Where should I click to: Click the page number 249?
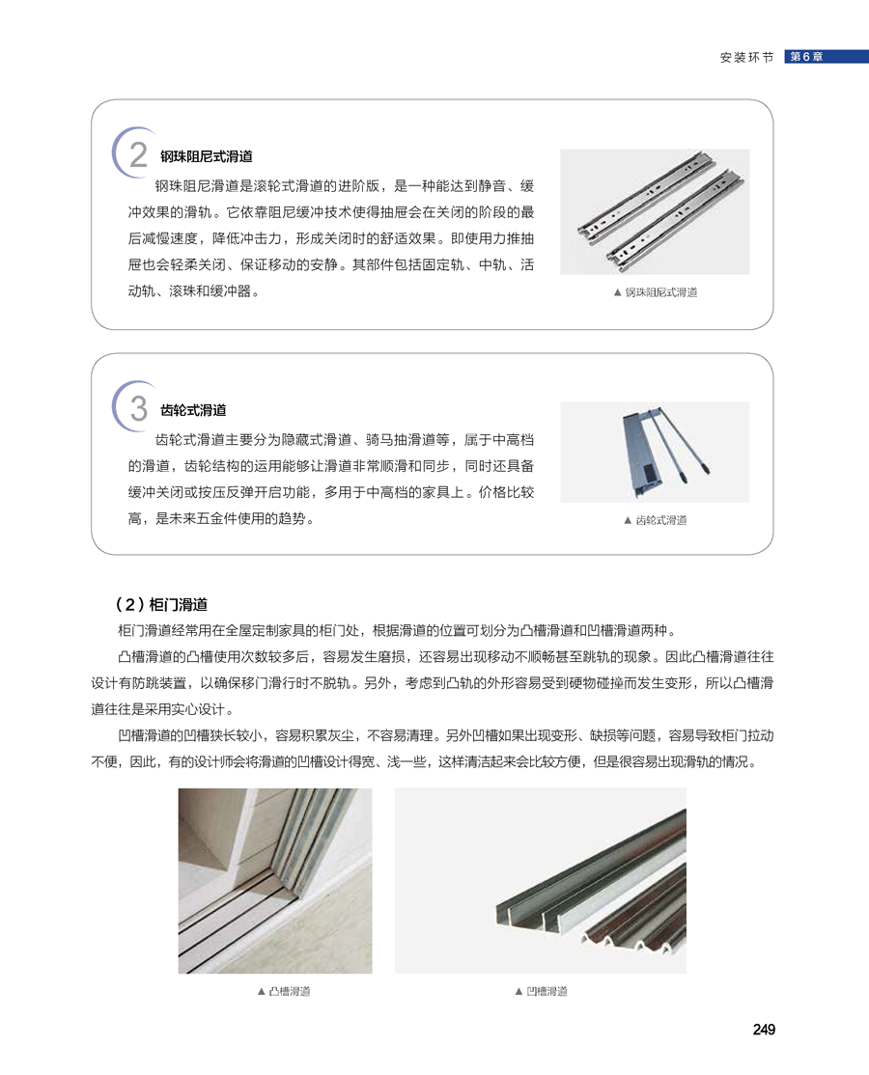coord(764,1029)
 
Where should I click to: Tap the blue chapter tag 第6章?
coord(826,57)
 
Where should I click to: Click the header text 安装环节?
coord(747,58)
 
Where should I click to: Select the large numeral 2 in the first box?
coord(138,155)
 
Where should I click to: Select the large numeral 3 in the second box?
coord(138,408)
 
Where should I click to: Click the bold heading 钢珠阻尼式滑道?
coord(207,156)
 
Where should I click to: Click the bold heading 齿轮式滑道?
coord(193,410)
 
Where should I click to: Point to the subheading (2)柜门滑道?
coord(161,604)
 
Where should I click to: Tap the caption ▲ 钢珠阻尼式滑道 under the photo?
coord(655,292)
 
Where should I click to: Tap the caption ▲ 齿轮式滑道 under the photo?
coord(655,520)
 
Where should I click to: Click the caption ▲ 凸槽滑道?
coord(283,991)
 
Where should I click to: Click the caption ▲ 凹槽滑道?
coord(541,991)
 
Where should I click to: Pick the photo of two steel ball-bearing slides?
coord(655,212)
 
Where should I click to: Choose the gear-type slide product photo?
coord(655,453)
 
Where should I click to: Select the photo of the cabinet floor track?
coord(275,881)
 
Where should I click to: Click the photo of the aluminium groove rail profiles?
coord(541,881)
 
